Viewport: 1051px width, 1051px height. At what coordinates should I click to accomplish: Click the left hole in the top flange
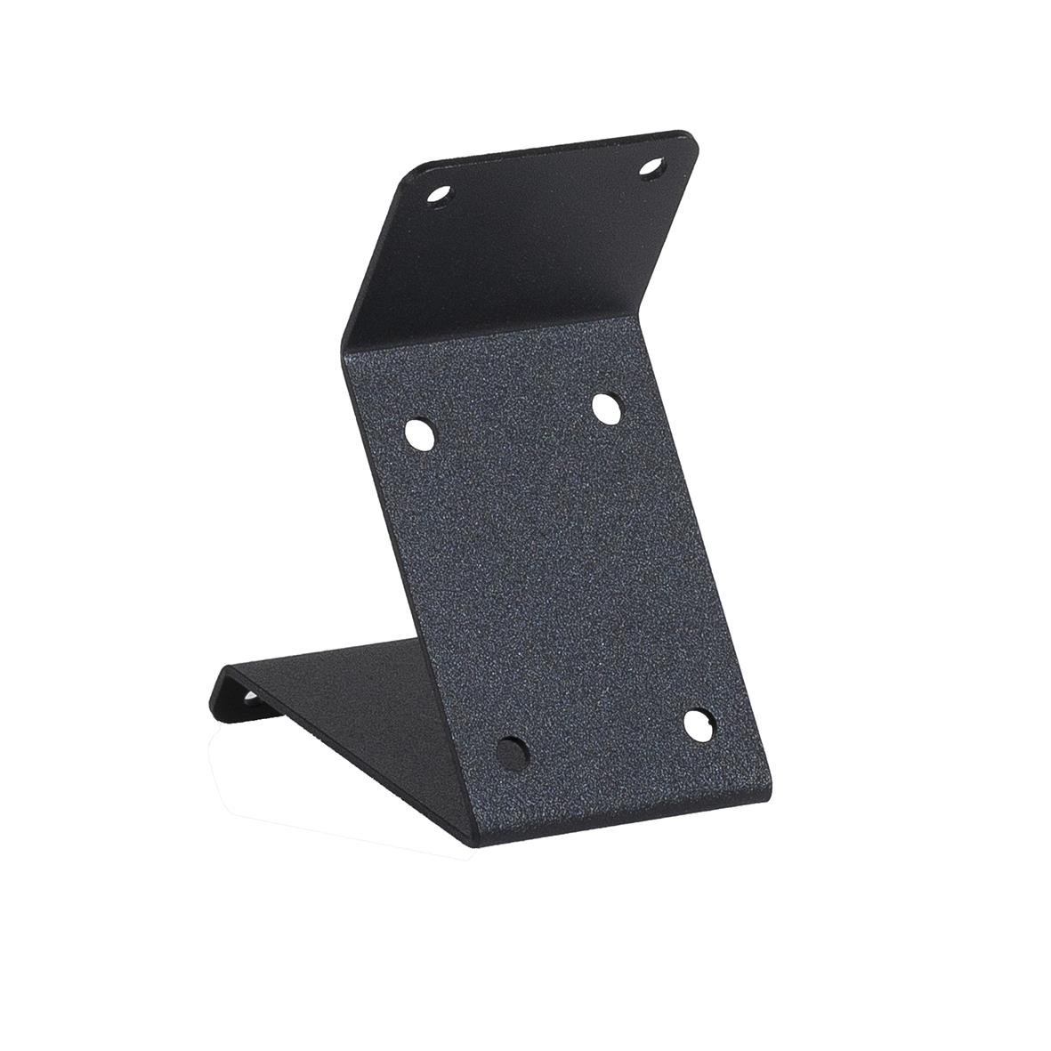tap(439, 194)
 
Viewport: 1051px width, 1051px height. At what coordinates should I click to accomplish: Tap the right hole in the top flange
tap(652, 167)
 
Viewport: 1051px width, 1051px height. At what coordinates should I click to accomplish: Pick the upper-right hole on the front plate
tap(607, 408)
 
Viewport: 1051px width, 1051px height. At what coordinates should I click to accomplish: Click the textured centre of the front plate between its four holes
tap(552, 578)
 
